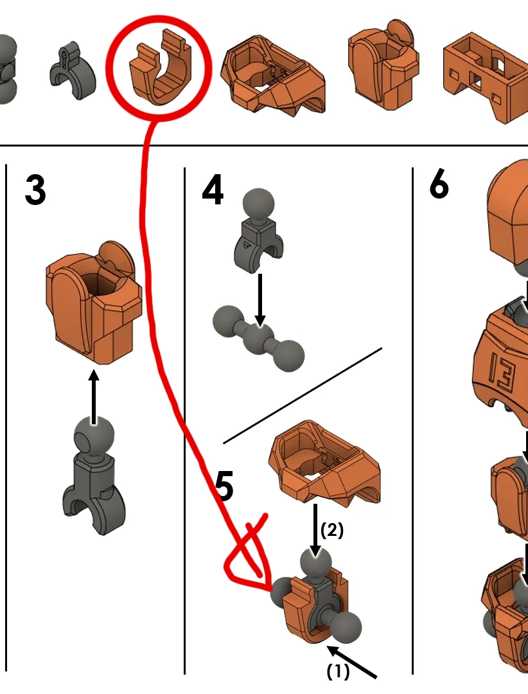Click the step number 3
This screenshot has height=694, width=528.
pos(35,190)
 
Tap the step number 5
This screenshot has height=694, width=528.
pos(225,486)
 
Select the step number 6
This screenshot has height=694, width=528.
pos(439,184)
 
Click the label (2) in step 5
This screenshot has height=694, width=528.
pos(331,529)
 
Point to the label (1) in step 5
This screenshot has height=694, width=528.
pos(338,672)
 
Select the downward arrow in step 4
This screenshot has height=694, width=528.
pos(260,300)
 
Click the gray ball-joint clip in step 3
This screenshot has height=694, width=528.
pos(94,476)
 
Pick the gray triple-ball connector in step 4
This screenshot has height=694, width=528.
pos(258,338)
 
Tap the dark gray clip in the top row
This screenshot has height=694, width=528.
pos(72,70)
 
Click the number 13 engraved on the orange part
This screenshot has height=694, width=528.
pos(502,370)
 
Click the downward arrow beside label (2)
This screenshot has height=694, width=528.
pos(315,529)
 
